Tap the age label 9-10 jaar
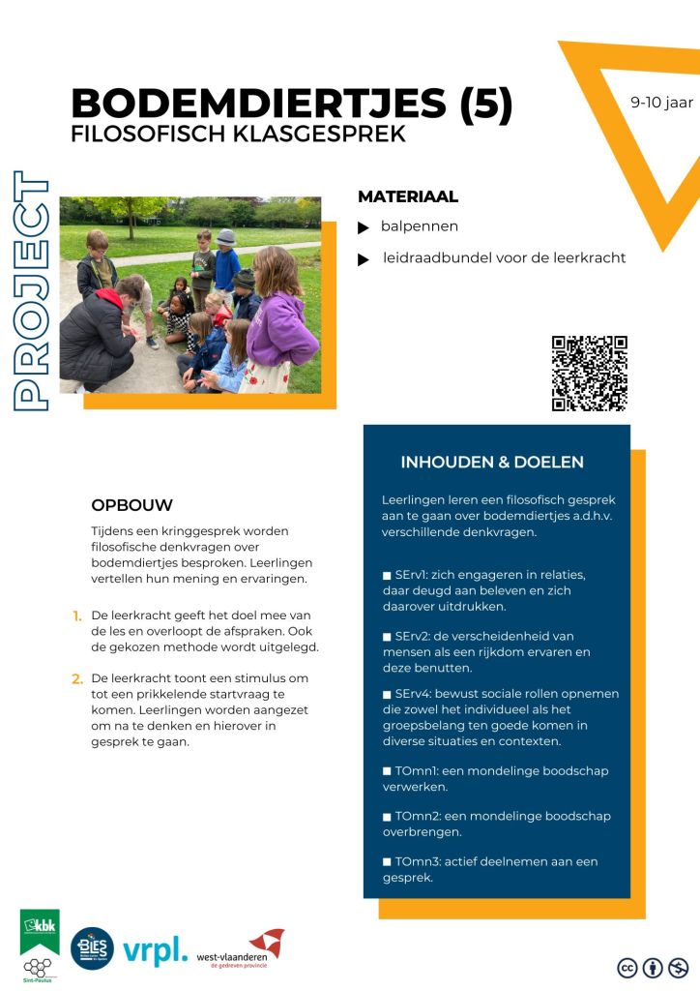[x=661, y=102]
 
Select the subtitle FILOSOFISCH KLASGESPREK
[x=238, y=135]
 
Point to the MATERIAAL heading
[x=407, y=196]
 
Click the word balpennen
[x=419, y=226]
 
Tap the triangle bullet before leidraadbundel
[x=364, y=259]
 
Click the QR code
[x=589, y=373]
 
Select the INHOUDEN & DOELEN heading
[x=492, y=462]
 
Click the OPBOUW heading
[x=131, y=505]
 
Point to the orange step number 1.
[x=76, y=616]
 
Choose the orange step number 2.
[x=77, y=678]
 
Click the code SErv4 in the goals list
[x=415, y=694]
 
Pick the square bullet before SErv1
[x=387, y=576]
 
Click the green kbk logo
[x=40, y=931]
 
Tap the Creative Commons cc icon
[x=627, y=966]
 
